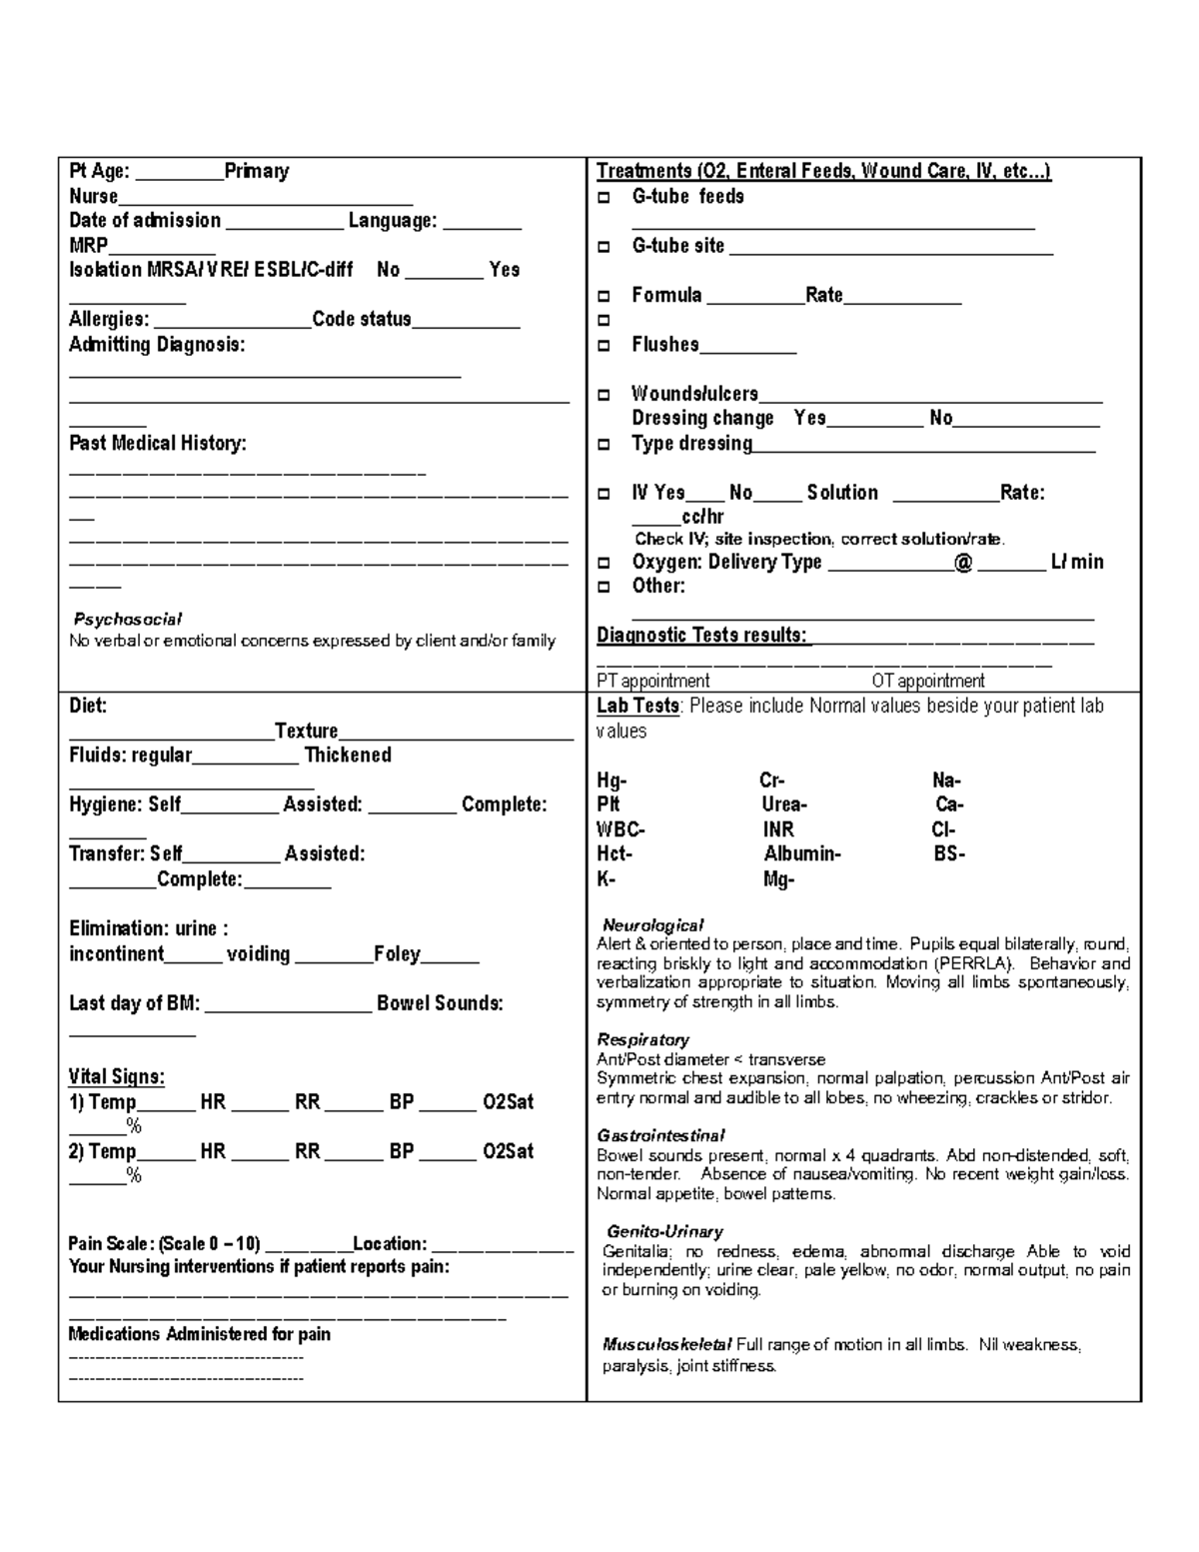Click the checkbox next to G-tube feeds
[x=603, y=198]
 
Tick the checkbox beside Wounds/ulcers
[x=603, y=395]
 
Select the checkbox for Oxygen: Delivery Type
[x=603, y=563]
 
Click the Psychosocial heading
[x=128, y=620]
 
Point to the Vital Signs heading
[x=116, y=1077]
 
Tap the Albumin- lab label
[x=801, y=854]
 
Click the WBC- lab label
[x=620, y=829]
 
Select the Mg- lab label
[x=778, y=879]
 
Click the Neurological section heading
[x=652, y=925]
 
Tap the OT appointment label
[x=927, y=682]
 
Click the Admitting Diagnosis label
[x=157, y=345]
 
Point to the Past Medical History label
[x=157, y=444]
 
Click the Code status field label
[x=362, y=320]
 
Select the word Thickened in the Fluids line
[x=348, y=756]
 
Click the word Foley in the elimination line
[x=397, y=954]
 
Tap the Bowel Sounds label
[x=440, y=1003]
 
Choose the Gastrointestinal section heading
[x=660, y=1136]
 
